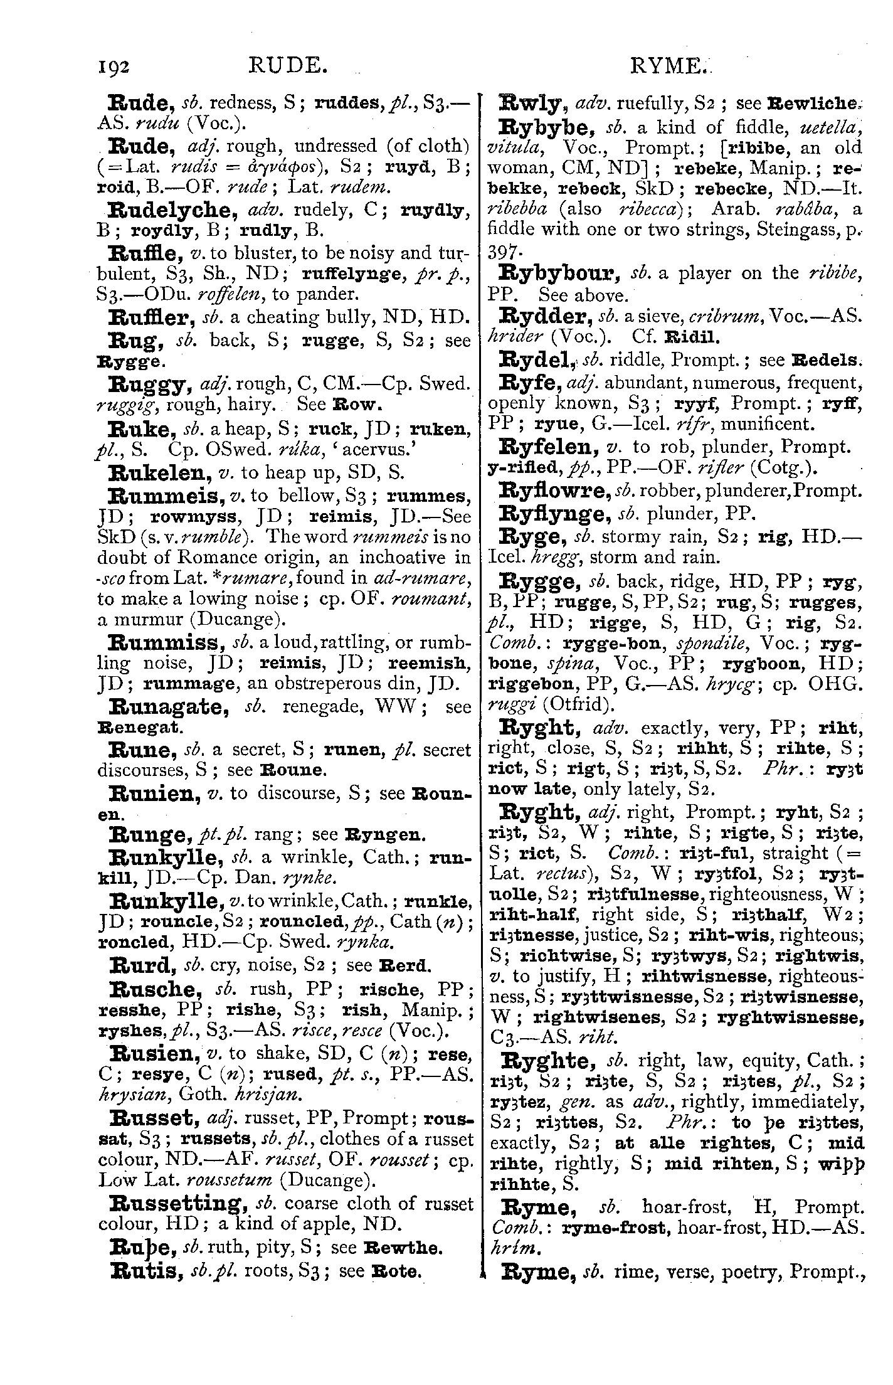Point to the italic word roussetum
click(x=230, y=1179)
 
